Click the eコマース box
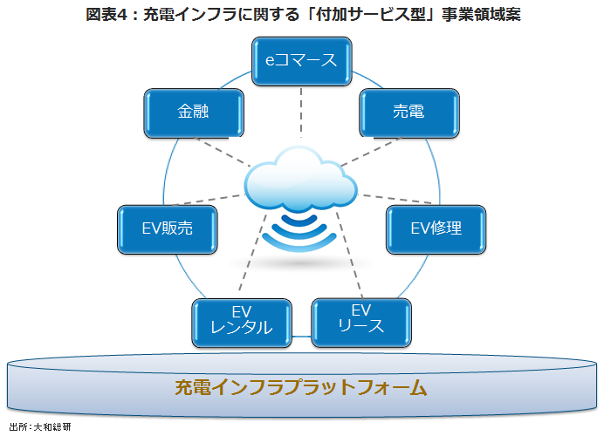tap(301, 62)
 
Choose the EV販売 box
tap(167, 228)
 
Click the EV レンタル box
tap(242, 321)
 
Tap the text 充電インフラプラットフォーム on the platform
tap(301, 386)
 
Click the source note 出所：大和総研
tap(39, 428)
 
